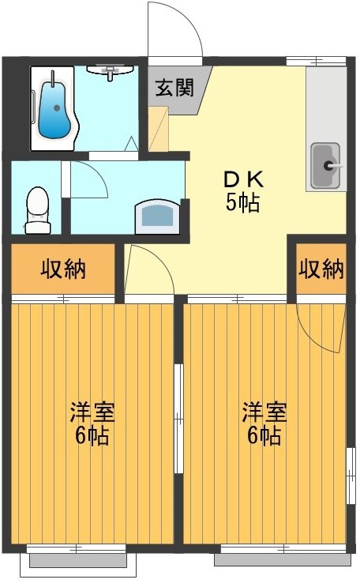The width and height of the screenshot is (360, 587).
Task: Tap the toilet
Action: tap(37, 210)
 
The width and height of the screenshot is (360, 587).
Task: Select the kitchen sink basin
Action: tap(324, 165)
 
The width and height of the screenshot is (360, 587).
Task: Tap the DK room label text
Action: tap(244, 179)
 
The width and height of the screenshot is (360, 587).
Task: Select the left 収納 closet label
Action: tap(63, 269)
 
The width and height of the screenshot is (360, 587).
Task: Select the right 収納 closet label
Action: tap(321, 269)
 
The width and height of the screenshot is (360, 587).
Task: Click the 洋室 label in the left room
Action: tap(92, 412)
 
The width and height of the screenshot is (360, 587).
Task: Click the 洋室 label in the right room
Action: tap(264, 412)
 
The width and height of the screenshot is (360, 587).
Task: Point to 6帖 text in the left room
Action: tap(92, 436)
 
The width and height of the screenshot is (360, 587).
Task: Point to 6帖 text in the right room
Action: tap(264, 436)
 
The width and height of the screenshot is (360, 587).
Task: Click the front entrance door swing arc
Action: tap(175, 32)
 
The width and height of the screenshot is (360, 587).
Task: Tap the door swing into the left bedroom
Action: tap(150, 269)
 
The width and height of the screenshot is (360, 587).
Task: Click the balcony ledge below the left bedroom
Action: tap(77, 560)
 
